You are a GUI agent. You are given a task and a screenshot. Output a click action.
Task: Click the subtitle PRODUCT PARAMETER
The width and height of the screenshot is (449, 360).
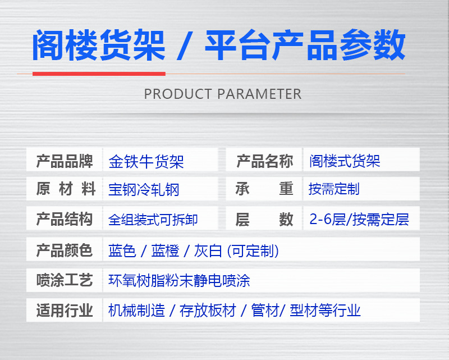point(223,93)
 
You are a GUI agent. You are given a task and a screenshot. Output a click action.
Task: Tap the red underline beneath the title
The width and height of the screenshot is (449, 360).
point(99,73)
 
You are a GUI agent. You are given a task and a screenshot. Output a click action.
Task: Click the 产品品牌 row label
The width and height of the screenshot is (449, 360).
point(65,162)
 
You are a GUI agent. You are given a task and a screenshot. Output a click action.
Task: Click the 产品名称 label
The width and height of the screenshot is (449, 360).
point(264,162)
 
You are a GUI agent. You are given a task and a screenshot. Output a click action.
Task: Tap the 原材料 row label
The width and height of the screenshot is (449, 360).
point(65,189)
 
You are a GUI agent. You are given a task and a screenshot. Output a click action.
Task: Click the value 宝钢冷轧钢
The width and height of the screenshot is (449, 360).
point(144,190)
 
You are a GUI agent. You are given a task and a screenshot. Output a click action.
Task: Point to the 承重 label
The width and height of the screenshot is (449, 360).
point(264,189)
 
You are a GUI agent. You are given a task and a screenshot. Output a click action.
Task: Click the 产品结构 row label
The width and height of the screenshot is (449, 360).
point(65,219)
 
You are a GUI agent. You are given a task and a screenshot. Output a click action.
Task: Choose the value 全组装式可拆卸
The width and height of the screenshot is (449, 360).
point(153,220)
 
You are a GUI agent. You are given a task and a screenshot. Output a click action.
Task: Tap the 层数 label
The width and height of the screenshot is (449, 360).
point(264,219)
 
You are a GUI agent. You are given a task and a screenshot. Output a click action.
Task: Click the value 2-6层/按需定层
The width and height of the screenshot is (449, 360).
point(359,219)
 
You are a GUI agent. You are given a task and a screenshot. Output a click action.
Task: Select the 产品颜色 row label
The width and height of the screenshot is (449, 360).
point(65,250)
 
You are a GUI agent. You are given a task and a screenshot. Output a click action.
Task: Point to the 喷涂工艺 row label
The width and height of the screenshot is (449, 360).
point(65,280)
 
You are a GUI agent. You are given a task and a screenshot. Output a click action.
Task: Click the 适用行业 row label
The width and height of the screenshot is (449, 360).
point(65,310)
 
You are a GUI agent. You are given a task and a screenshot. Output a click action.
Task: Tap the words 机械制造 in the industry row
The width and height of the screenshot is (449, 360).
point(136,310)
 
